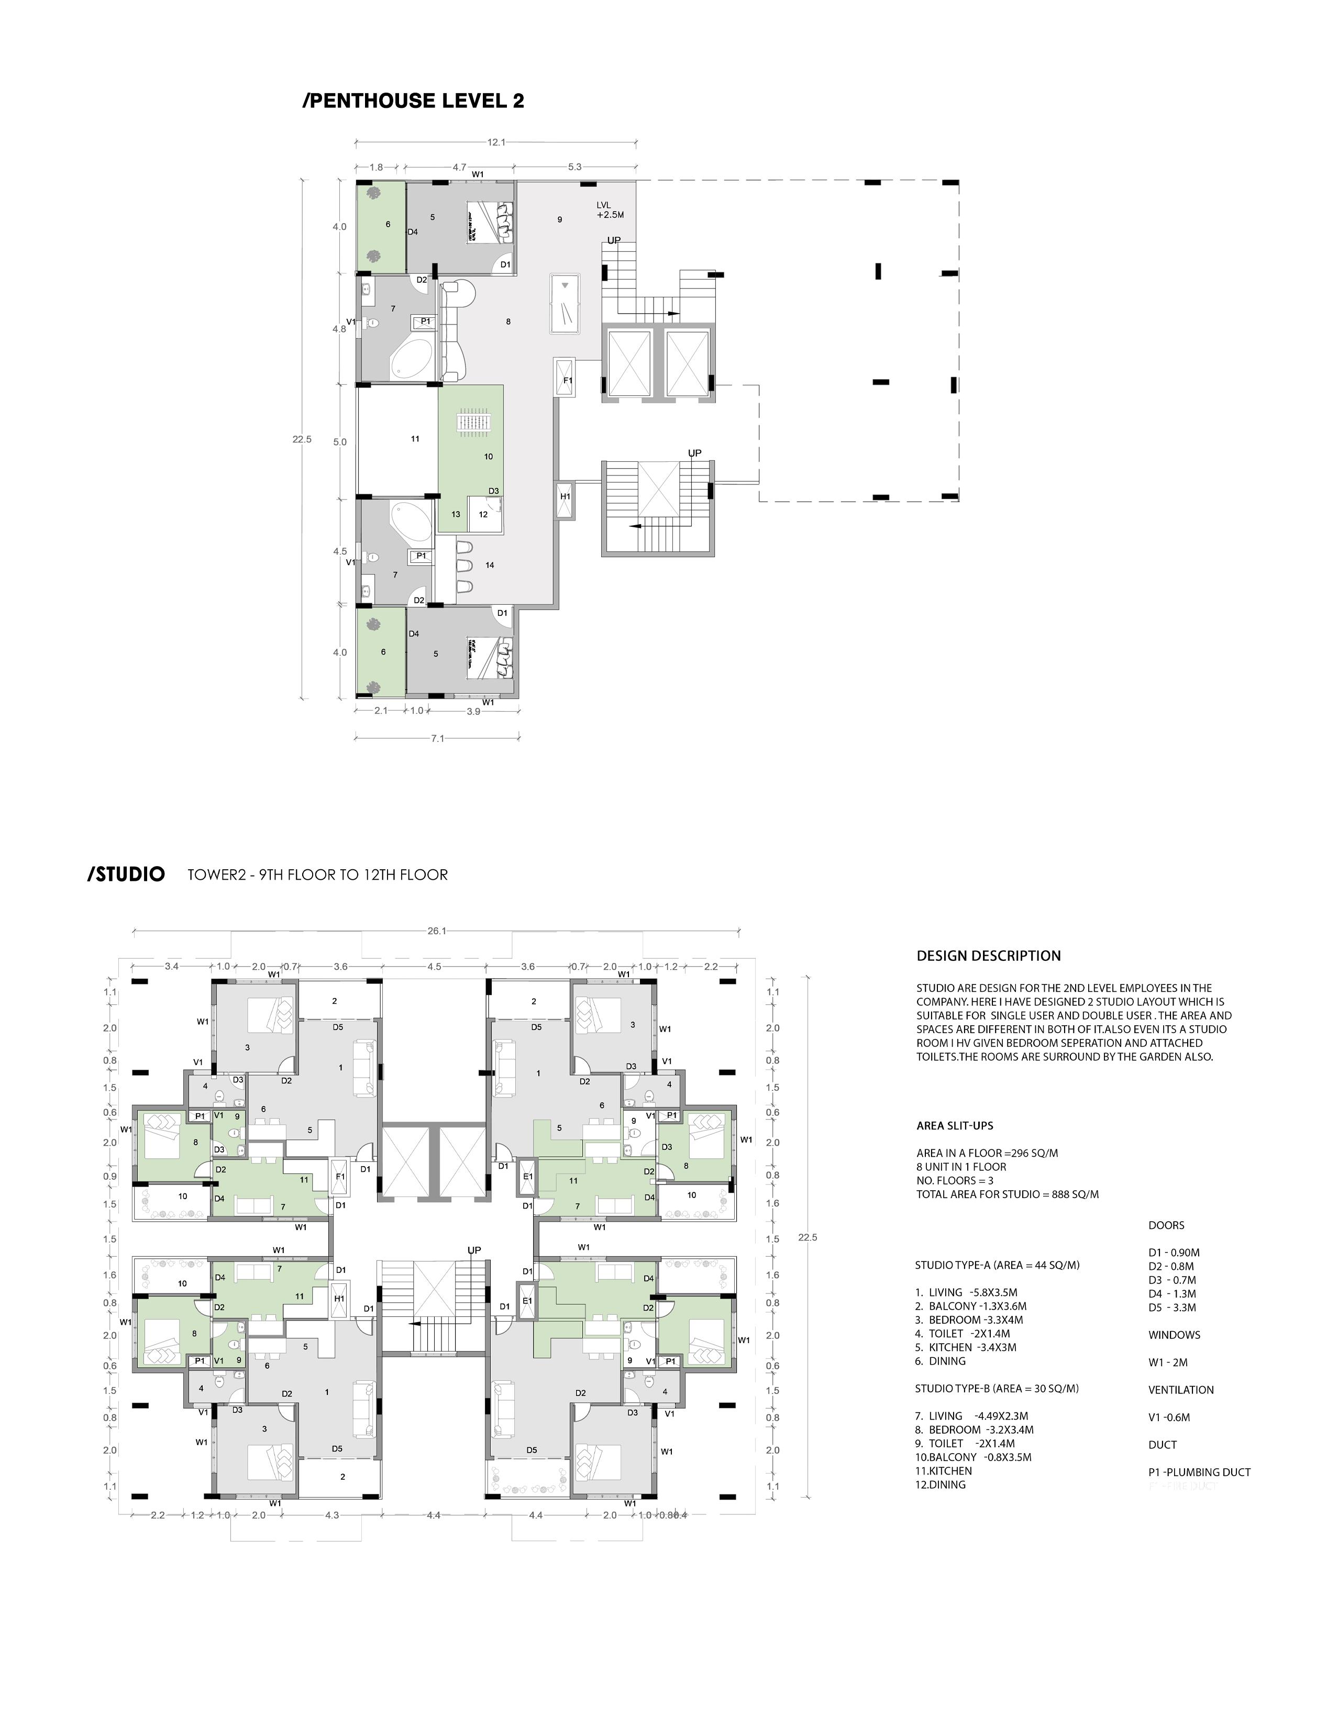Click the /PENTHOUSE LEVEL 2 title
coord(413,101)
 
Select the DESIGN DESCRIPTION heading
coord(988,956)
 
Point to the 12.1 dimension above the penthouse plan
coord(496,142)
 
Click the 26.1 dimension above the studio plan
coord(437,931)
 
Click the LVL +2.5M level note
coord(610,209)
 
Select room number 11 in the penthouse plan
coord(415,438)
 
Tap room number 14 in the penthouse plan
coord(490,565)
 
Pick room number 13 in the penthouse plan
coord(456,514)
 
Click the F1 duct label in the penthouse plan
coord(567,381)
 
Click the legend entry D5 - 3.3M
coord(1172,1307)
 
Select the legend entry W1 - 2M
coord(1168,1363)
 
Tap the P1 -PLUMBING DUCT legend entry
coord(1199,1471)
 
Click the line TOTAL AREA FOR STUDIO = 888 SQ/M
coord(1007,1194)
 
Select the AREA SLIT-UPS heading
coord(954,1125)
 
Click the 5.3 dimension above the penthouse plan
coord(574,167)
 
